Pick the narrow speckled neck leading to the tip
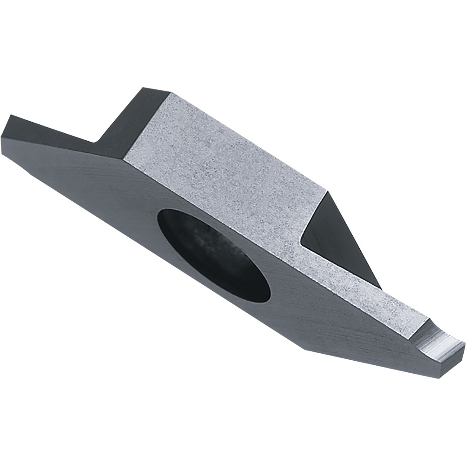coord(368,298)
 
